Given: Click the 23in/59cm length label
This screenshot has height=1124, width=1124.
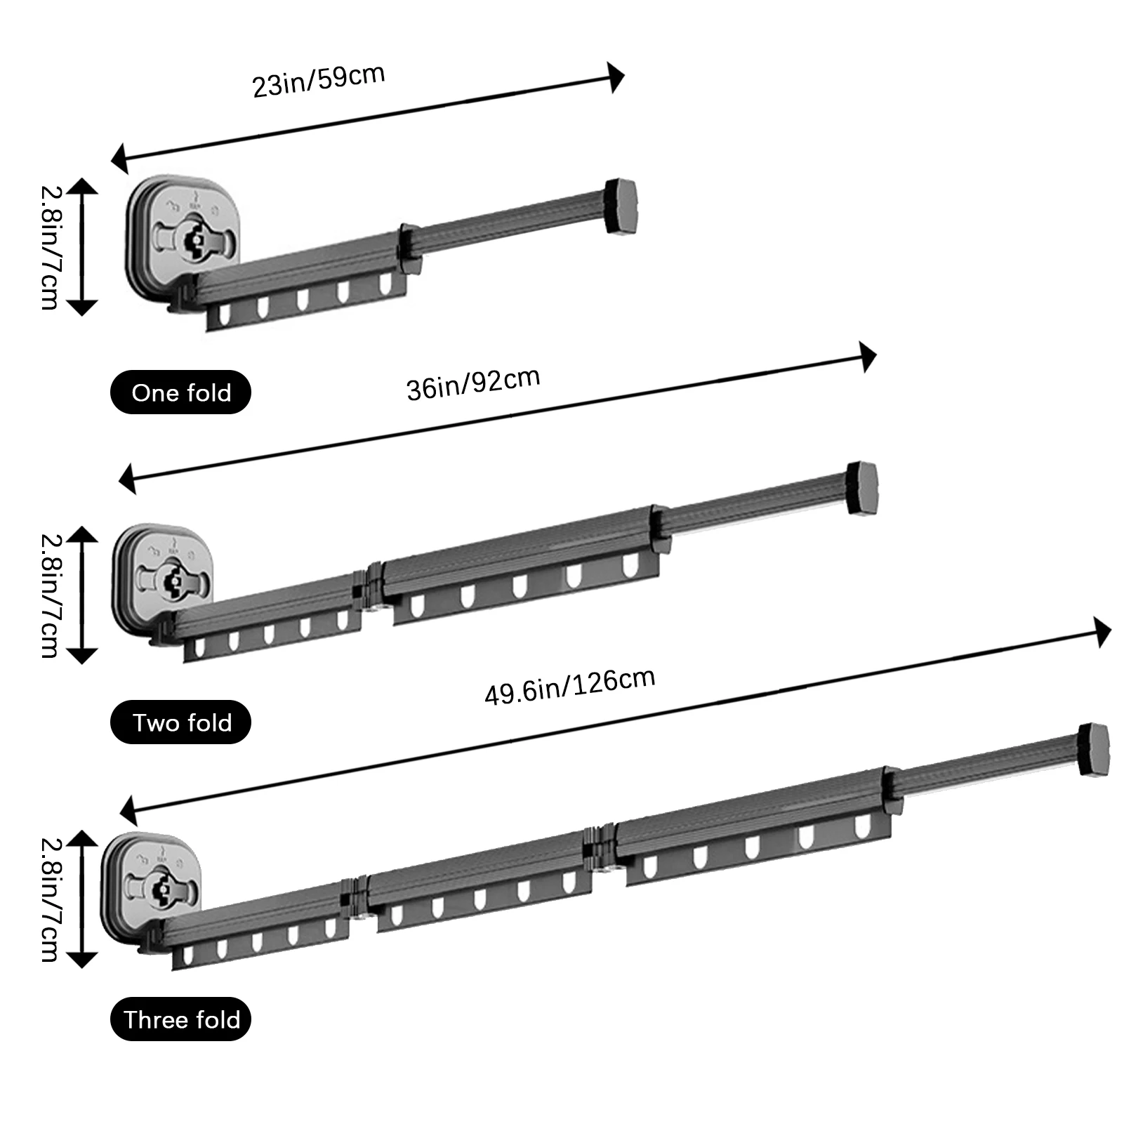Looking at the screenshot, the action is point(318,81).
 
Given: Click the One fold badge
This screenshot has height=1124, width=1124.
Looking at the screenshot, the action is point(180,392).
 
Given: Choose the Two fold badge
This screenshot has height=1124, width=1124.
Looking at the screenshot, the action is point(180,722).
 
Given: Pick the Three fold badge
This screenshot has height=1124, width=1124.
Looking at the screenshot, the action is point(180,1019).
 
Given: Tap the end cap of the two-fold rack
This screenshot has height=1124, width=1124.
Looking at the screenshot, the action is point(862,487).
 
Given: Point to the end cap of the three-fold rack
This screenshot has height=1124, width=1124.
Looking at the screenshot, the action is point(1094,749).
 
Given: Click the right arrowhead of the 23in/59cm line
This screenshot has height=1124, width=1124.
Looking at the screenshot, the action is point(616,77).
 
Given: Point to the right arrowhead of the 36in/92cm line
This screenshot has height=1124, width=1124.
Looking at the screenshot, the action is point(869,358).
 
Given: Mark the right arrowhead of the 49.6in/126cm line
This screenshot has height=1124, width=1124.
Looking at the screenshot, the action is point(1103,633).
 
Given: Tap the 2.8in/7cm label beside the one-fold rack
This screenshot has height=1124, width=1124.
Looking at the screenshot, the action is point(50,247).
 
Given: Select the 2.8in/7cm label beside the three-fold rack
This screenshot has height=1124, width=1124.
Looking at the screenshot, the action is point(50,899).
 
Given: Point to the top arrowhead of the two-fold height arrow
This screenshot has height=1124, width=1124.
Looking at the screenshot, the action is point(83,534).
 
